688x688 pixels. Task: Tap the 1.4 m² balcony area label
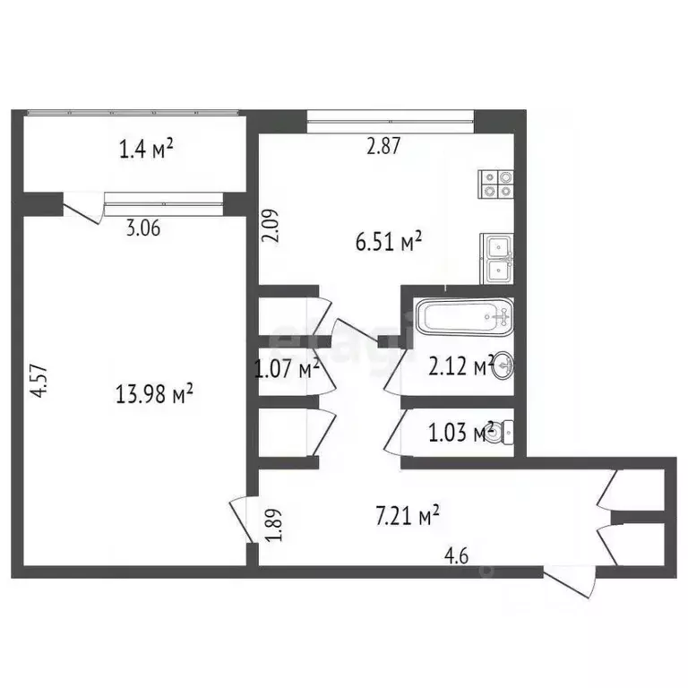coord(146,149)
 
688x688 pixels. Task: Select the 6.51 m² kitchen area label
coord(389,242)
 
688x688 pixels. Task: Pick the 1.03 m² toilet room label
coord(461,433)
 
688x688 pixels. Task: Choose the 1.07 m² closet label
coord(287,367)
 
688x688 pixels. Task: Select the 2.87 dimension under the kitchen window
coord(384,148)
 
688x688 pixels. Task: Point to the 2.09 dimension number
coord(270,225)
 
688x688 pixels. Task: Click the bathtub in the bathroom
coord(464,316)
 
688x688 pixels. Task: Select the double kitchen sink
coord(497,257)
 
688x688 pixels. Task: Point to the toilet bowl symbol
coord(503,434)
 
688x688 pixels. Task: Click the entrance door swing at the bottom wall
coord(572,580)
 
